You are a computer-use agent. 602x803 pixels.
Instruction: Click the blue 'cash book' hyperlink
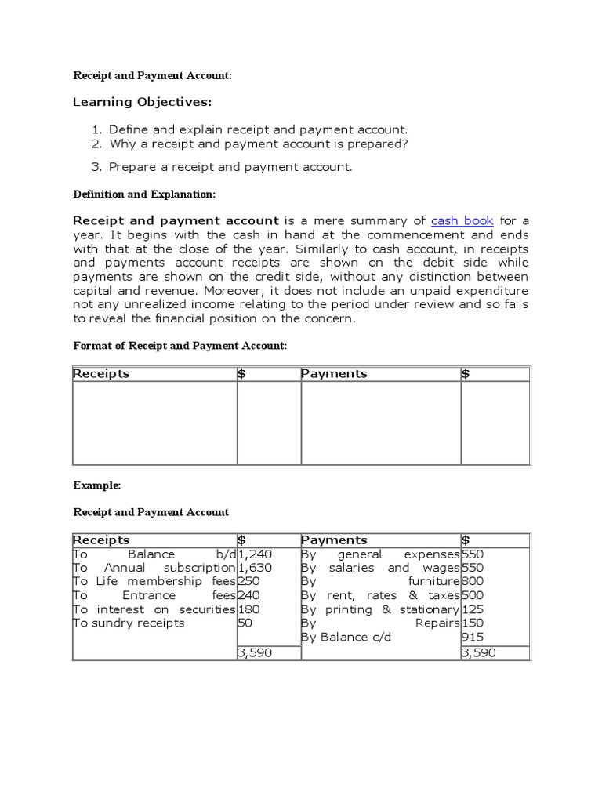pyautogui.click(x=462, y=221)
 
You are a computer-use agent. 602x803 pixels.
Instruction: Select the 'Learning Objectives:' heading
pyautogui.click(x=142, y=102)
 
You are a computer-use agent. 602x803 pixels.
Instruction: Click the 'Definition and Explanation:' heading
pyautogui.click(x=143, y=194)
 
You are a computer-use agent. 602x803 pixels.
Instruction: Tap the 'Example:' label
pyautogui.click(x=97, y=485)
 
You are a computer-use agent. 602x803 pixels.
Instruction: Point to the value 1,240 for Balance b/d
pyautogui.click(x=255, y=554)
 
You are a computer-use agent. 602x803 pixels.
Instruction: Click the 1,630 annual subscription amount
pyautogui.click(x=255, y=568)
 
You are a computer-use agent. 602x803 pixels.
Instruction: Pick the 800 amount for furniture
pyautogui.click(x=473, y=582)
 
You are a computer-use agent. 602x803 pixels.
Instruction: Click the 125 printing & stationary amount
pyautogui.click(x=472, y=609)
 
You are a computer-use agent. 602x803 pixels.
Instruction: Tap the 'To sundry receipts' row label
pyautogui.click(x=129, y=623)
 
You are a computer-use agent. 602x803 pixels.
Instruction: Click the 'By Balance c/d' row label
pyautogui.click(x=346, y=638)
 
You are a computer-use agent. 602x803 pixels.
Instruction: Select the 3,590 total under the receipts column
pyautogui.click(x=255, y=652)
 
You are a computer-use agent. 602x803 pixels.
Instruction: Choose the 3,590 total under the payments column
pyautogui.click(x=478, y=652)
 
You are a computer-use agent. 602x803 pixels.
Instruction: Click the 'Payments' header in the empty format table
pyautogui.click(x=334, y=374)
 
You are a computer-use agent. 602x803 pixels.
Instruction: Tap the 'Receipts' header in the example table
pyautogui.click(x=101, y=540)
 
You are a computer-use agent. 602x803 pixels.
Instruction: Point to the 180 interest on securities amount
pyautogui.click(x=248, y=609)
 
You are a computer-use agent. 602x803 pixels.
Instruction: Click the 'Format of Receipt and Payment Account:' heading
pyautogui.click(x=180, y=346)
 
